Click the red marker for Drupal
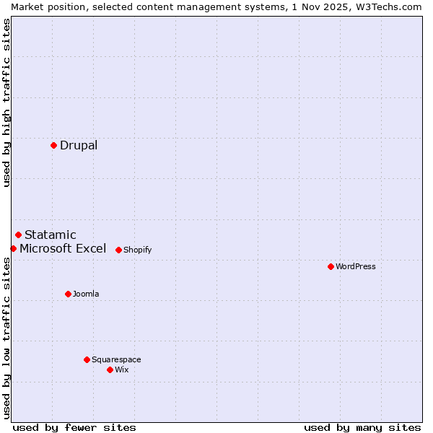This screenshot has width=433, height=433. point(53,145)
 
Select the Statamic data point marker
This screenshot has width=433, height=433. point(18,235)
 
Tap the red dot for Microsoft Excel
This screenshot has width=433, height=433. point(13,248)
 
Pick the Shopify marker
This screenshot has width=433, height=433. point(118,250)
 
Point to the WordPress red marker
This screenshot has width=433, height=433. point(331,266)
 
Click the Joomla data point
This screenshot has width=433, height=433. point(68,294)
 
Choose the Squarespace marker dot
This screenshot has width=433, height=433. point(87,359)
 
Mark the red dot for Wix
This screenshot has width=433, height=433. point(110,369)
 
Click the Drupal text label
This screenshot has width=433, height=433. point(79,145)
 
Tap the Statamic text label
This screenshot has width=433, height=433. point(51,235)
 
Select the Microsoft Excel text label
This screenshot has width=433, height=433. point(63,248)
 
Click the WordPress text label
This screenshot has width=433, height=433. point(356,266)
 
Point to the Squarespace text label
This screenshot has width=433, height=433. point(116,359)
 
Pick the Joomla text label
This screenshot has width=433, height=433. point(86,294)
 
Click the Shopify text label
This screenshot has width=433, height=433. point(137,250)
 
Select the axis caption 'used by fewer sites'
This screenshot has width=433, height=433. point(74,427)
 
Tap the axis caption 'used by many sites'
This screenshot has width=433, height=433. point(362,427)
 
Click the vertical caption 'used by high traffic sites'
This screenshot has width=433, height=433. point(7,103)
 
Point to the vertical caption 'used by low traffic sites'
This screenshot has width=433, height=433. point(7,339)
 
